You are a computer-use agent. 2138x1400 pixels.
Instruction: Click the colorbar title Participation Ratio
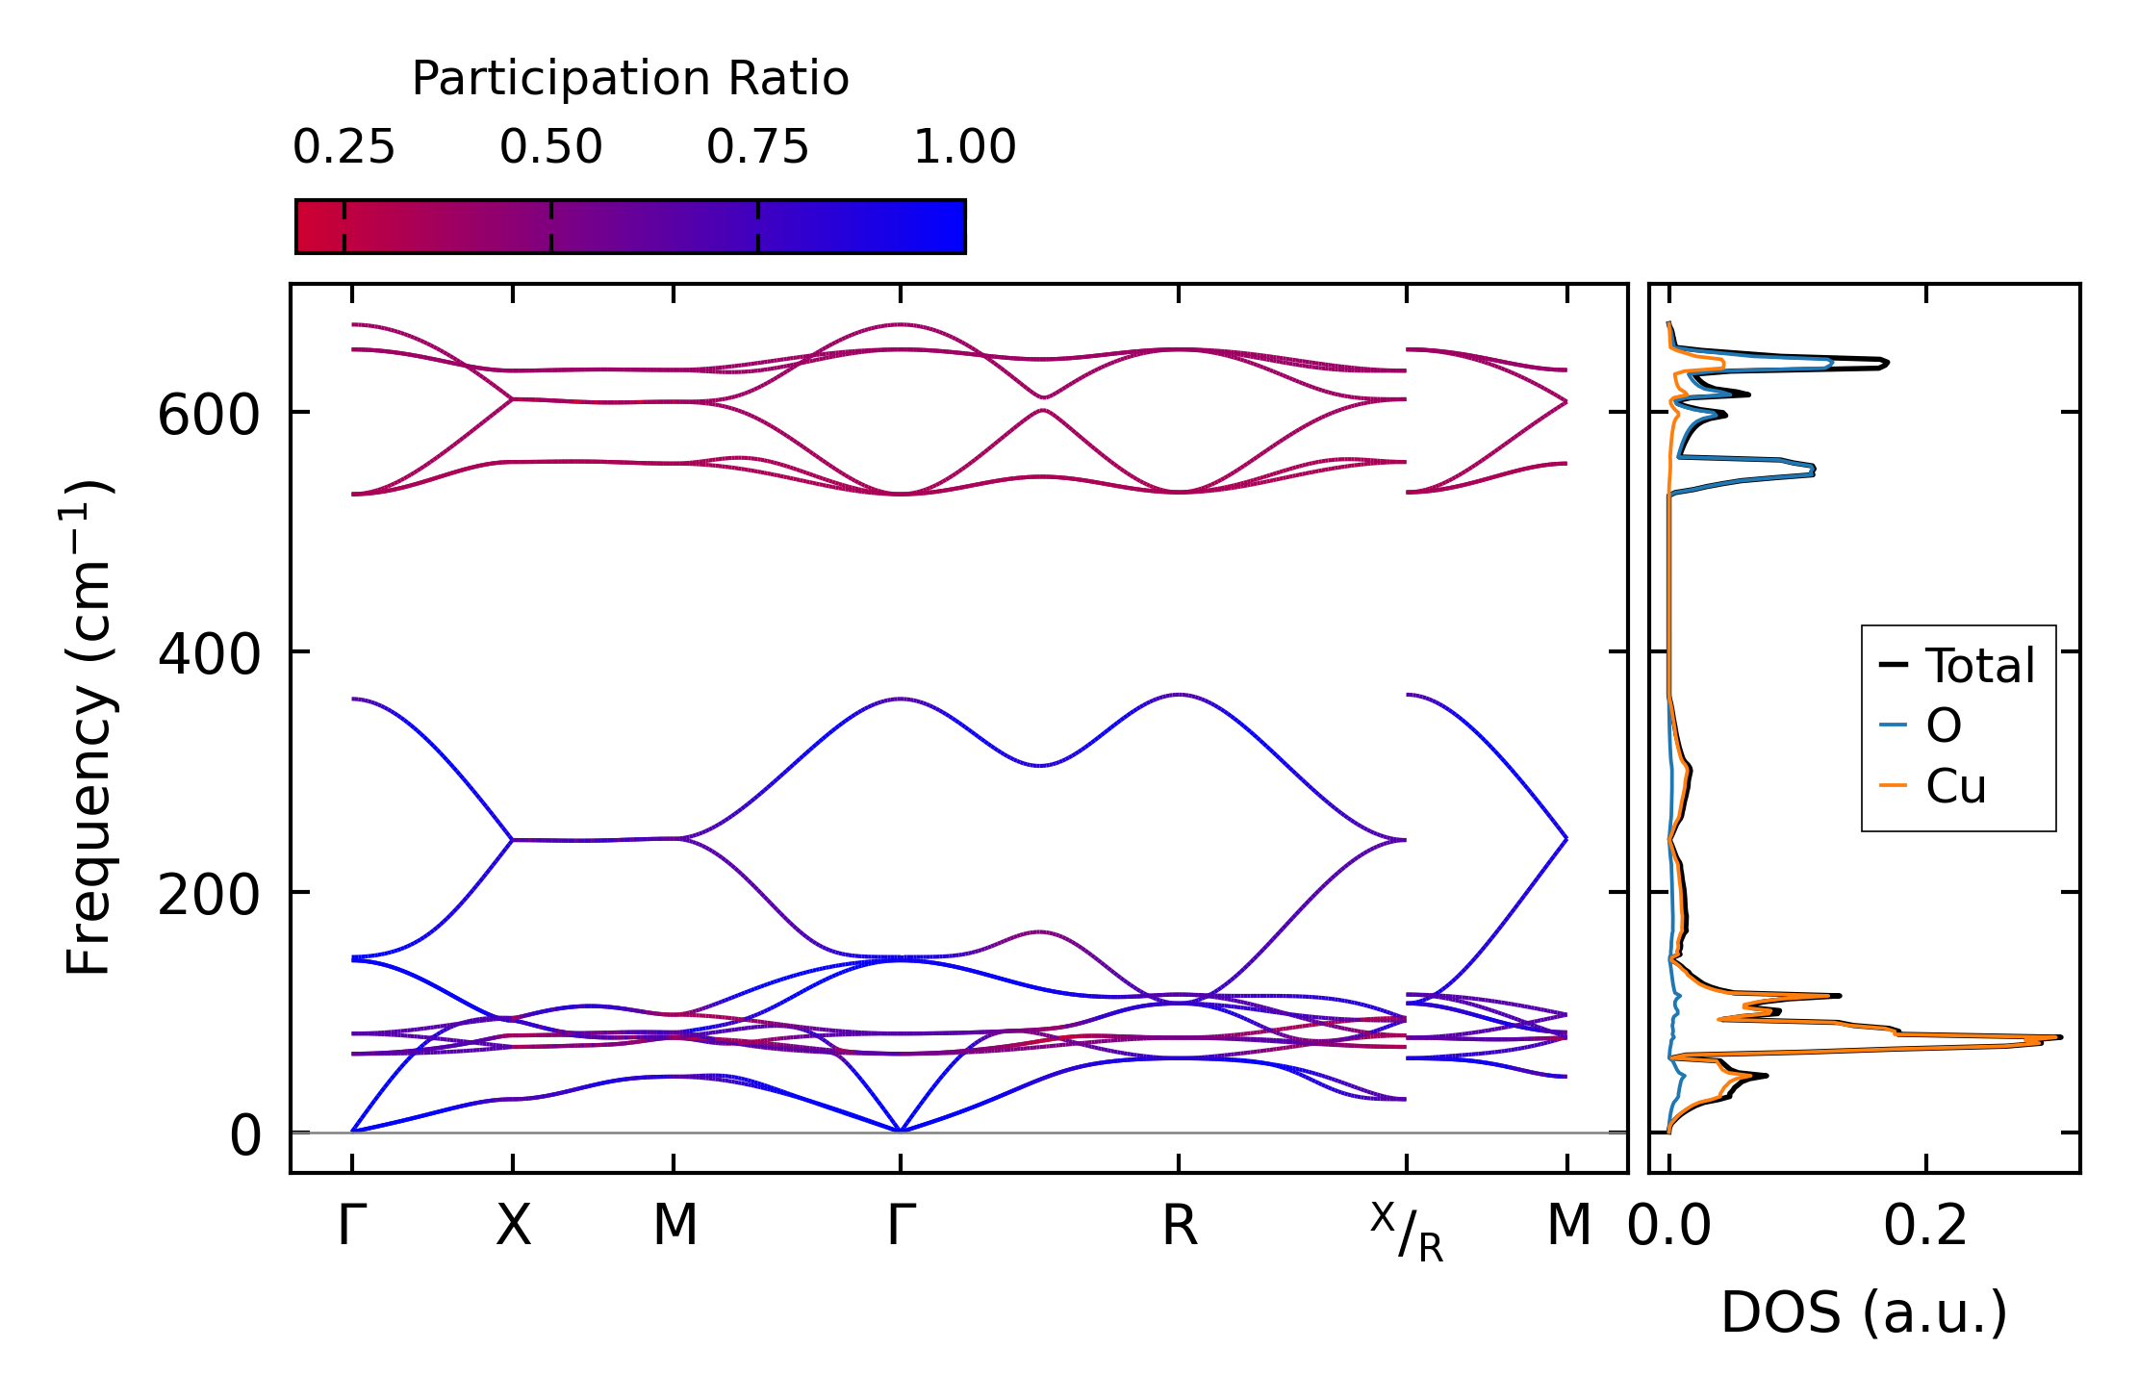[630, 79]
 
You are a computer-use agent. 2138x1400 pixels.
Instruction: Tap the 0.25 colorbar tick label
[344, 147]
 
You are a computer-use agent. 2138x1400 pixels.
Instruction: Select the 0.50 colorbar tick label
[550, 147]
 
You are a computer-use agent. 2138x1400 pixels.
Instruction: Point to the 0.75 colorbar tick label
[757, 147]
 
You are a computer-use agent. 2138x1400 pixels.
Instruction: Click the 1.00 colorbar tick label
[964, 147]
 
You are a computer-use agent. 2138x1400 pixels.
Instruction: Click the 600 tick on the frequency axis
[209, 416]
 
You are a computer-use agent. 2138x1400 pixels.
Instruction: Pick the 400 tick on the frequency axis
[209, 655]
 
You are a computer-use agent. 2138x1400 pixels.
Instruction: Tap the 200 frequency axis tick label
[209, 895]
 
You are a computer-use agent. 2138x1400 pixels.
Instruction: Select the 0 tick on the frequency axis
[244, 1135]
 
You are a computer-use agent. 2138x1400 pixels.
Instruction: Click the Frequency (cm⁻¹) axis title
[89, 727]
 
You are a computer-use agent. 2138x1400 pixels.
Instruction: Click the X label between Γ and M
[513, 1226]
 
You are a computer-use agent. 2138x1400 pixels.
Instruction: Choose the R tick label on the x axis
[1179, 1226]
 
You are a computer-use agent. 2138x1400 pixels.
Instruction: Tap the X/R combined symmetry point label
[1407, 1232]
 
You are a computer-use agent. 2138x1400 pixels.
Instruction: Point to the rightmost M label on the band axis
[1568, 1226]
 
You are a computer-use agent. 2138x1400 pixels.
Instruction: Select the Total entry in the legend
[1979, 666]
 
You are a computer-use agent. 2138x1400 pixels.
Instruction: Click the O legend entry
[1943, 725]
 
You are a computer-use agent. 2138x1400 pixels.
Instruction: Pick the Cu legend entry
[1955, 786]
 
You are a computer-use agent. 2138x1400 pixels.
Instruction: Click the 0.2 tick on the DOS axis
[1925, 1226]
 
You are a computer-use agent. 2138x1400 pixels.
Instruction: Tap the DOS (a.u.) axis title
[1864, 1312]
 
